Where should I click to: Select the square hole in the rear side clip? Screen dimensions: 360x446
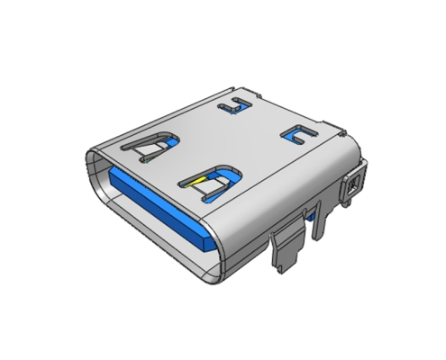click(x=353, y=185)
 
